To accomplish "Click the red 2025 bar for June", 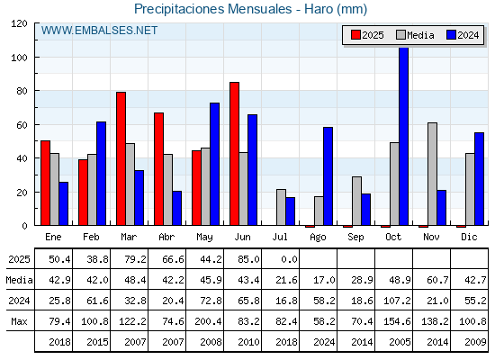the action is (234, 154).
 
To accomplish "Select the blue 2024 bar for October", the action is (404, 136).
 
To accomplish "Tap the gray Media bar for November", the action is (432, 174).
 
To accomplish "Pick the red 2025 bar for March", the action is (121, 158).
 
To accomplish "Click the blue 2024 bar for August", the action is (328, 176).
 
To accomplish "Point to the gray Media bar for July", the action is (281, 207).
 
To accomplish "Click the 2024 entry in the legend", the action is (463, 35).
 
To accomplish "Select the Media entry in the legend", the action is (415, 35).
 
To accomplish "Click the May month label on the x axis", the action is (204, 238).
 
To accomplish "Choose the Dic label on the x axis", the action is (469, 237).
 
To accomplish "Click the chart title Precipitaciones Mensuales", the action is (212, 9).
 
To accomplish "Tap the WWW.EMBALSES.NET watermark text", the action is (99, 31).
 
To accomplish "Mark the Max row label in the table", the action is (19, 321).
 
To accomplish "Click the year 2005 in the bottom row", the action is (400, 342).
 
